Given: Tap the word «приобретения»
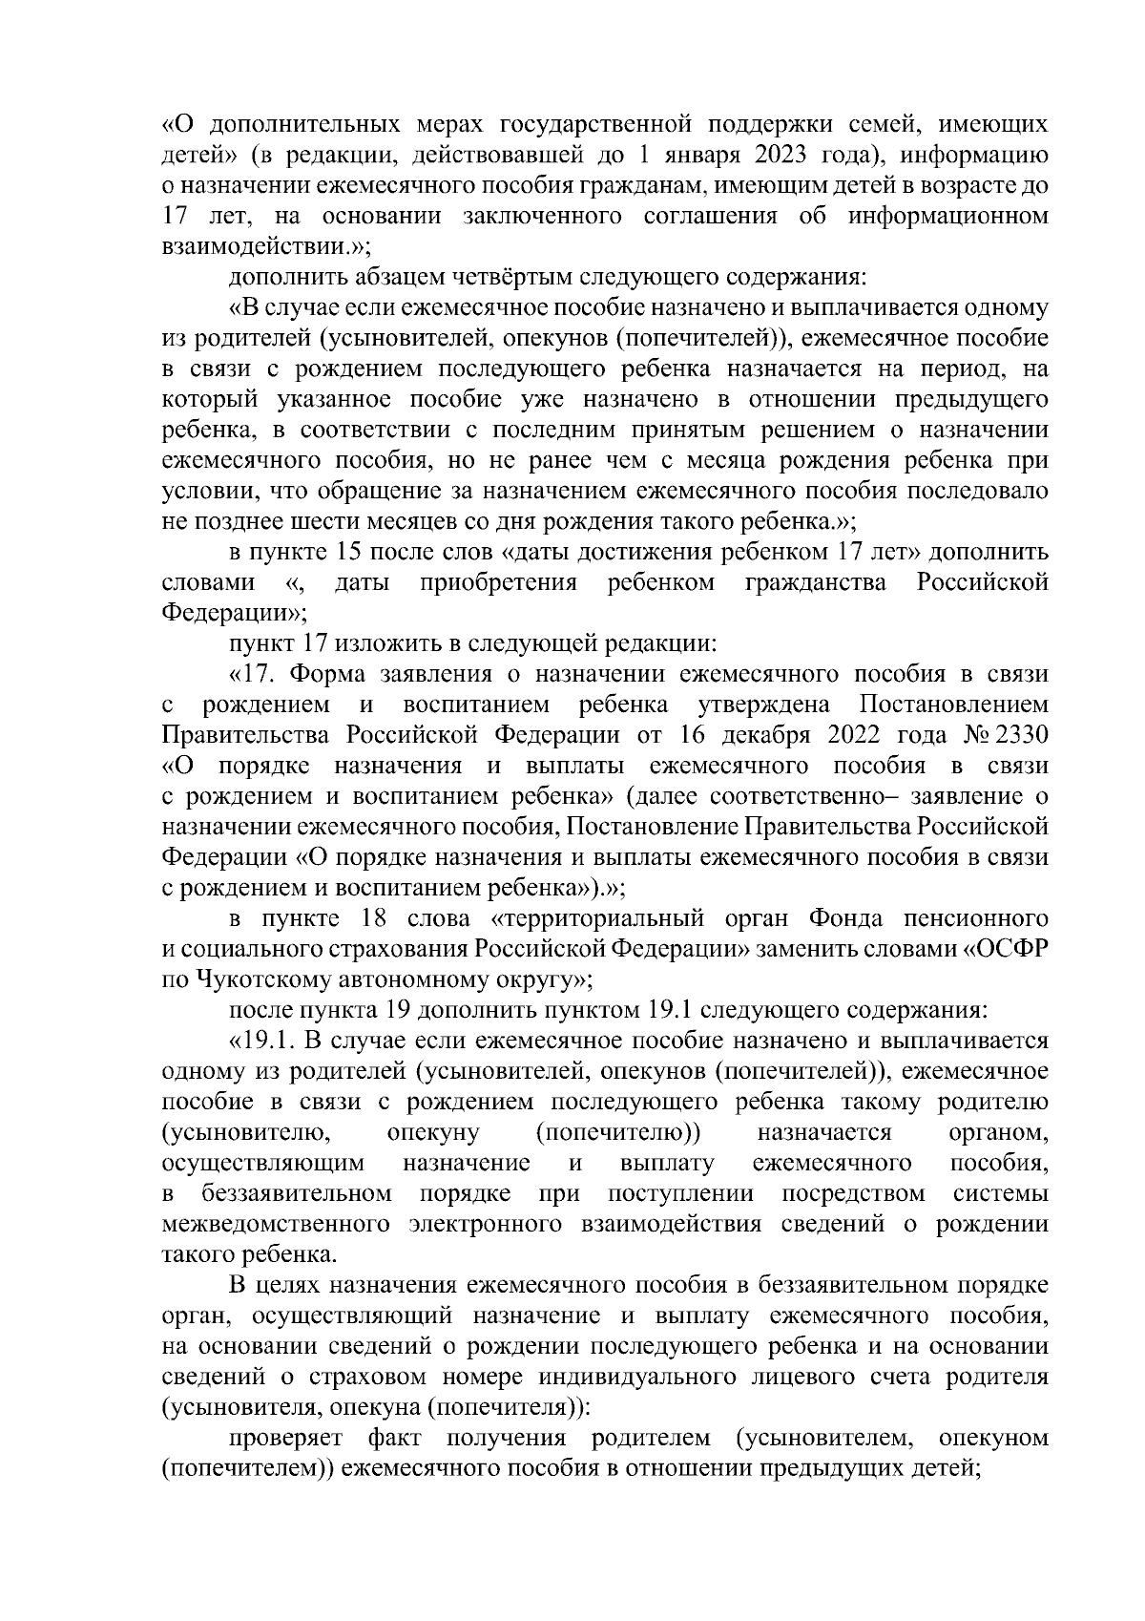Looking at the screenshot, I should [498, 582].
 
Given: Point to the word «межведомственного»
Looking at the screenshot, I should [277, 1224].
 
